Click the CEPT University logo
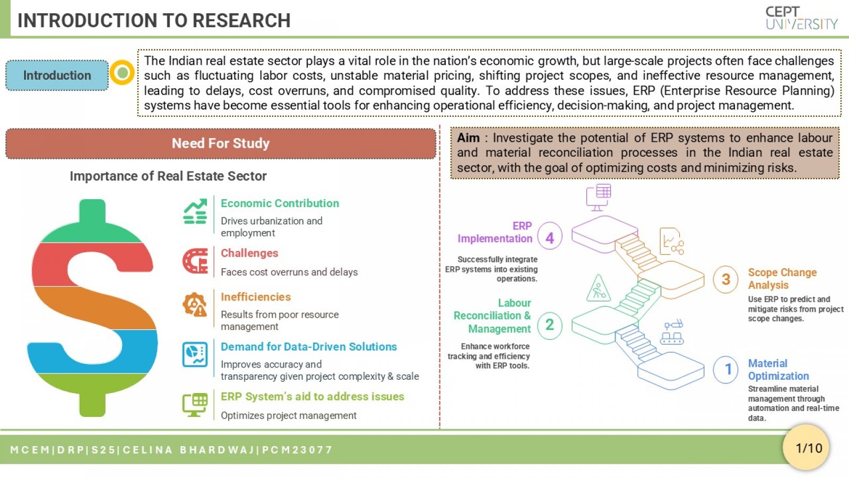pos(801,18)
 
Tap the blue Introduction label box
pos(57,75)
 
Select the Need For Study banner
pos(221,143)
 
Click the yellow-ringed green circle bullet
pos(122,72)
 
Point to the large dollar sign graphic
pos(92,308)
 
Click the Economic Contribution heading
pos(280,203)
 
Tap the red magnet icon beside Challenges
pos(195,261)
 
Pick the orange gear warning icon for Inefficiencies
pos(195,304)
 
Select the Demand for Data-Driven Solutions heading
pos(308,347)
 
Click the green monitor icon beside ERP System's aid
pos(195,404)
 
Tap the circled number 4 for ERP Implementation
pos(550,238)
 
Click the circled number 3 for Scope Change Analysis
pos(725,279)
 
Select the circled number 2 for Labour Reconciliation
pos(550,325)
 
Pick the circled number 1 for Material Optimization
pos(725,369)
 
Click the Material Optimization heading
pos(778,370)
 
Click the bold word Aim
pos(468,138)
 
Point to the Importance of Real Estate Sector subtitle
pos(168,176)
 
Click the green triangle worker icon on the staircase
pos(598,289)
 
